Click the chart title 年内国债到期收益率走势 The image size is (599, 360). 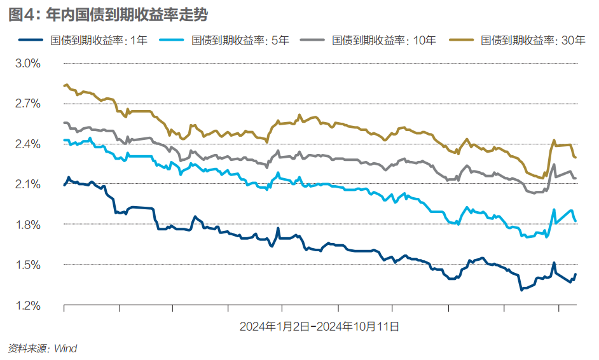coord(108,14)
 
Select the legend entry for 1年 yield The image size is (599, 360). coord(99,41)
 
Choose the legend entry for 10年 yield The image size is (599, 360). coord(384,41)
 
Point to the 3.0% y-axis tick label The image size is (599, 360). coord(27,64)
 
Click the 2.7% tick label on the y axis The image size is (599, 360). coord(27,104)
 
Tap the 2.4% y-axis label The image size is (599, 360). coord(27,144)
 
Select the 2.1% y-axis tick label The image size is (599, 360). coord(27,184)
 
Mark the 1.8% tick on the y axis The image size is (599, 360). coord(27,225)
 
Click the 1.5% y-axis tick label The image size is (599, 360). coord(27,265)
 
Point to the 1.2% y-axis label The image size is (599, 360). coord(27,305)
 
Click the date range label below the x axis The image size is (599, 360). coord(319,327)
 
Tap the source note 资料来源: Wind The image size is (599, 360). coord(42,349)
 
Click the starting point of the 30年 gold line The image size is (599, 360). coord(64,85)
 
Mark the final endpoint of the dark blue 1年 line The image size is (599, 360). coord(575,275)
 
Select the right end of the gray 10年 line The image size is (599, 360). coord(575,178)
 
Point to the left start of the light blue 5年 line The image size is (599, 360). coord(64,140)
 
